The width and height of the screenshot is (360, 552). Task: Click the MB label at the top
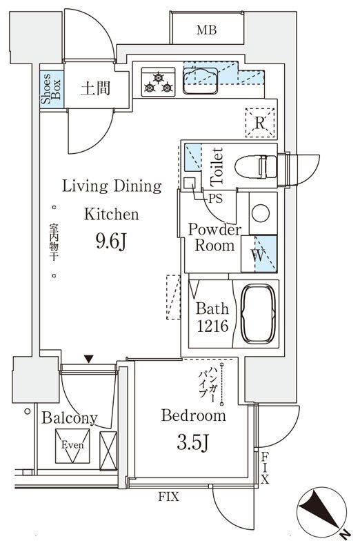(x=207, y=30)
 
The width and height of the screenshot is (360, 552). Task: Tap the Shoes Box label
(x=51, y=89)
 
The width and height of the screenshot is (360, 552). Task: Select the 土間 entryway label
(x=95, y=88)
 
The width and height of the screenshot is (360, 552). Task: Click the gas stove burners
(x=159, y=82)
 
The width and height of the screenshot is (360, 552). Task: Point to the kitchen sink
(x=200, y=81)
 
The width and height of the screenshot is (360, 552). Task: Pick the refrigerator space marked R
(x=260, y=123)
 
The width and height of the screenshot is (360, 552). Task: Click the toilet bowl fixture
(x=256, y=166)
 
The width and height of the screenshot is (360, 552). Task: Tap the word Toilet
(x=217, y=166)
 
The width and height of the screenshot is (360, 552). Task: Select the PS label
(x=215, y=199)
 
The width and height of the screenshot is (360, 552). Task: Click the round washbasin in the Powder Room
(x=261, y=213)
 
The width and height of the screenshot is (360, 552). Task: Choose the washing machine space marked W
(x=259, y=254)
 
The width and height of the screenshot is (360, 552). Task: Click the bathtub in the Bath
(x=258, y=314)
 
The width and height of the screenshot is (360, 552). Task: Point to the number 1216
(x=212, y=326)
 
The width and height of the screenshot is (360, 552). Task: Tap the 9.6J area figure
(x=111, y=242)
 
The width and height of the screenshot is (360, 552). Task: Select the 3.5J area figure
(x=193, y=442)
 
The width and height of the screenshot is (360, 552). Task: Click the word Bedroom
(x=194, y=415)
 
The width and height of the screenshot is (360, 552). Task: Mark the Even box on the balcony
(x=72, y=446)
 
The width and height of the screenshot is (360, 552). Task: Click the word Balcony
(x=70, y=418)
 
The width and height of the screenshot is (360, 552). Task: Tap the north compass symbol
(x=322, y=512)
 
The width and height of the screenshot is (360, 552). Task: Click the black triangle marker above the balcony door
(x=89, y=359)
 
